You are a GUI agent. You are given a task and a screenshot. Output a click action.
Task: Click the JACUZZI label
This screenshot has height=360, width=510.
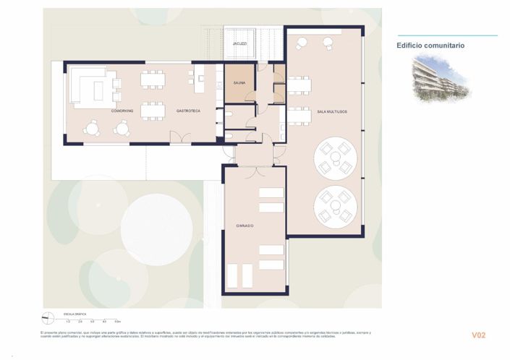(x=240, y=44)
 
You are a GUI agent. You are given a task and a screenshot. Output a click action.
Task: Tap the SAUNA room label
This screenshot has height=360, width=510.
(x=239, y=82)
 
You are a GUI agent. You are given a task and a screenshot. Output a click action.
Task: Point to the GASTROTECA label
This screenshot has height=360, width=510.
(x=188, y=111)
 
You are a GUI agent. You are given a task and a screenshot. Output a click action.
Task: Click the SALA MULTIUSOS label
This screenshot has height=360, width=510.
(x=332, y=111)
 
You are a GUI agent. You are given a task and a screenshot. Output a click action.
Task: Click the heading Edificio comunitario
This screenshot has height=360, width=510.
(x=430, y=46)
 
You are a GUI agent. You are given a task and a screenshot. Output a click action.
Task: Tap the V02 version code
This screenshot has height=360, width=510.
(x=478, y=335)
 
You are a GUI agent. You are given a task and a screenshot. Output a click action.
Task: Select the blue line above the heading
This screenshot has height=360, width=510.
(x=447, y=35)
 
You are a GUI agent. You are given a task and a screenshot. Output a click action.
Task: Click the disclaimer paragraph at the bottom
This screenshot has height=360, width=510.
(x=206, y=335)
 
